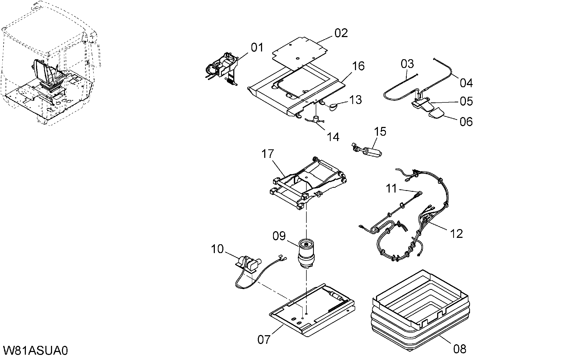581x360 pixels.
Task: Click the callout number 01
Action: coord(257,47)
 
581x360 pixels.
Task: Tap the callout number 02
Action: coord(341,33)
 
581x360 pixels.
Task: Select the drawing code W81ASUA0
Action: coord(35,351)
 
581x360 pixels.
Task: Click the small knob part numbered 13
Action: coord(332,107)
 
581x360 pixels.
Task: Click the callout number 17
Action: coord(268,154)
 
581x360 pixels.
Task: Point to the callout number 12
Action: coord(456,234)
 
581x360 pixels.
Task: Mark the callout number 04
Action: coord(466,83)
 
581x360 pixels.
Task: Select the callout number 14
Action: coord(333,137)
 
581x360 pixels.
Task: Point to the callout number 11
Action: coord(392,189)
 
